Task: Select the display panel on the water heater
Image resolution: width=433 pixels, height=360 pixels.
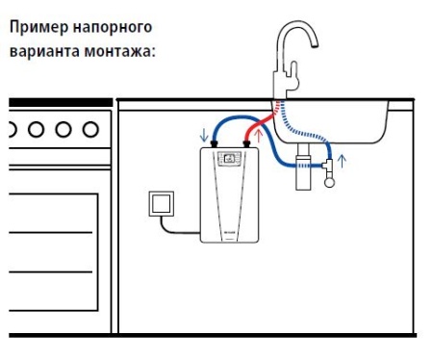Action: coord(231,159)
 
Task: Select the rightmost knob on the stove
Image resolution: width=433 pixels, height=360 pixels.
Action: coord(89,128)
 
